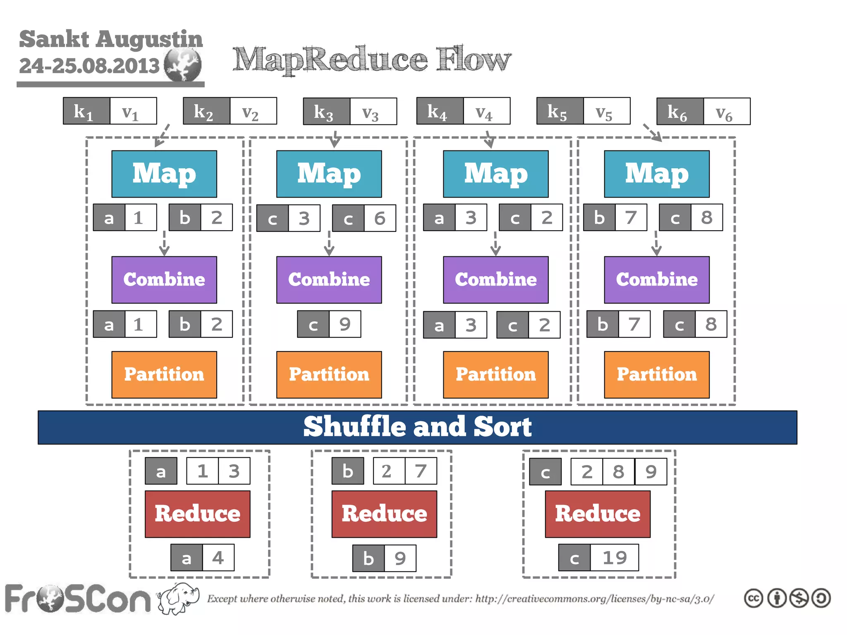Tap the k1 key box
(x=86, y=111)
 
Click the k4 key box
(x=440, y=111)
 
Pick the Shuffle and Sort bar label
(x=417, y=427)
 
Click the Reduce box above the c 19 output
(x=597, y=514)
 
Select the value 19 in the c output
(x=614, y=558)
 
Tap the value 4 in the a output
(x=218, y=558)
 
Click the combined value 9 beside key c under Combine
(x=345, y=324)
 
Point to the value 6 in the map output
(x=379, y=218)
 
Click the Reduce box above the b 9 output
(x=384, y=514)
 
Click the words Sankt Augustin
(x=111, y=39)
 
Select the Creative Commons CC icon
(x=753, y=598)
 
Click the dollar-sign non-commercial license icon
(x=799, y=598)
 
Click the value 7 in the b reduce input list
(x=421, y=471)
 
